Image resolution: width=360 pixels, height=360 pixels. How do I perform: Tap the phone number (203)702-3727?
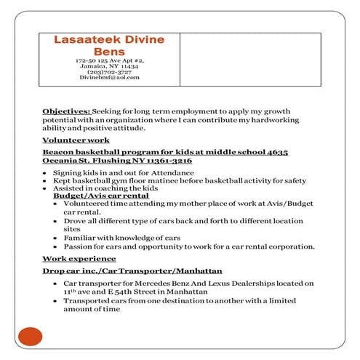pyautogui.click(x=110, y=71)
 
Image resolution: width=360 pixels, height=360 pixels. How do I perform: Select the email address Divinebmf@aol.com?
pyautogui.click(x=110, y=77)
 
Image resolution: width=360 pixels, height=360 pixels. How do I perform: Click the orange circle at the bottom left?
pyautogui.click(x=30, y=336)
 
